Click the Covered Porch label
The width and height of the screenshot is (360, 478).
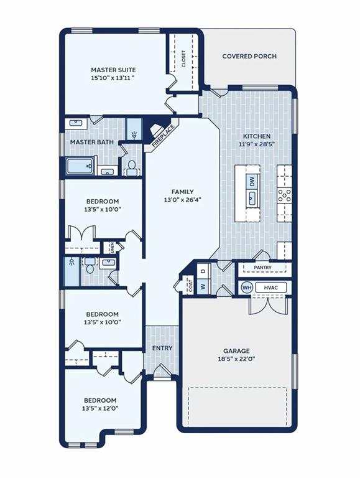coord(249,57)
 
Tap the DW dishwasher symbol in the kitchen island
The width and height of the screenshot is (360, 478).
coord(252,182)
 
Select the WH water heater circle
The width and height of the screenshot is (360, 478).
coord(247,288)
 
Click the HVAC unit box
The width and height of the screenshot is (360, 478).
coord(270,288)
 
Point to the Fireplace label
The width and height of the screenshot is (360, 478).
coord(163,136)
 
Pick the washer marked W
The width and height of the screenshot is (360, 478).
coord(203,287)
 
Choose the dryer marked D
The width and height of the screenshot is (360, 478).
coord(203,270)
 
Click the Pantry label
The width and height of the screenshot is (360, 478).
coord(262,268)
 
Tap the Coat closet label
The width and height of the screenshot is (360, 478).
coord(191,286)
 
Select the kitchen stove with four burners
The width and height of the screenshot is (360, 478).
coord(284,195)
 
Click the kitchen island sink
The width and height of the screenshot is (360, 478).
coord(252,199)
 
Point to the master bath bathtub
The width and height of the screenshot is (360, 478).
coord(80,166)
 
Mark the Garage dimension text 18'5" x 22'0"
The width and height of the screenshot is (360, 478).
coord(236,358)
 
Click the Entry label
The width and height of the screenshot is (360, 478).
coord(162,348)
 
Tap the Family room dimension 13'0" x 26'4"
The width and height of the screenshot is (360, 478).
coord(182,200)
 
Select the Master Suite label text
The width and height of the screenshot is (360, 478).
coord(113,70)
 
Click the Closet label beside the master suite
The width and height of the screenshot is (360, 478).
coord(183,59)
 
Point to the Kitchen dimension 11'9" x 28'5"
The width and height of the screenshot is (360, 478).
coord(257,144)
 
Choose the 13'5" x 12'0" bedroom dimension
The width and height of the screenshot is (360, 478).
coord(100,408)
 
